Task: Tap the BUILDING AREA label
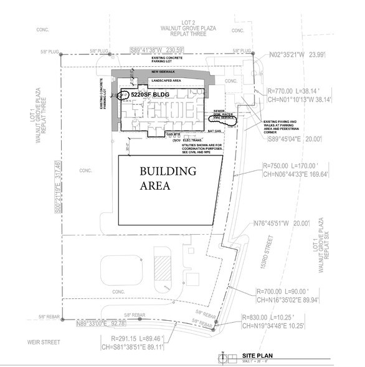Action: tap(159, 178)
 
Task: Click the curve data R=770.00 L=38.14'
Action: tap(301, 89)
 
